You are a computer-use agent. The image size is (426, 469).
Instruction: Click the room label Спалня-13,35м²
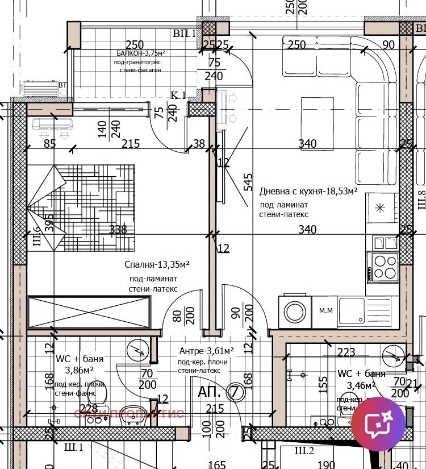[x=157, y=265]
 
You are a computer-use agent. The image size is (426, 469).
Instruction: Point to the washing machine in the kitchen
[x=295, y=311]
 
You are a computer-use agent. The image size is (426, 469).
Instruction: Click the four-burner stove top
[x=383, y=267]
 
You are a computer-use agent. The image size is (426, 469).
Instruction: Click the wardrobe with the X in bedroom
[x=90, y=312]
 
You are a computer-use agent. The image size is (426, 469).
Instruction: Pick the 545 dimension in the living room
[x=248, y=182]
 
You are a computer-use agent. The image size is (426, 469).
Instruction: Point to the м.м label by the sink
[x=325, y=310]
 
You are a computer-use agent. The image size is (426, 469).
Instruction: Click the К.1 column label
[x=178, y=96]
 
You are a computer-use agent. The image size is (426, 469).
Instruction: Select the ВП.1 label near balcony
[x=184, y=34]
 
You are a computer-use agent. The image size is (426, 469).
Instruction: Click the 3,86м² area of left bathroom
[x=80, y=370]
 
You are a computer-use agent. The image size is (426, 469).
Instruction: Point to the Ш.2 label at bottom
[x=304, y=451]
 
